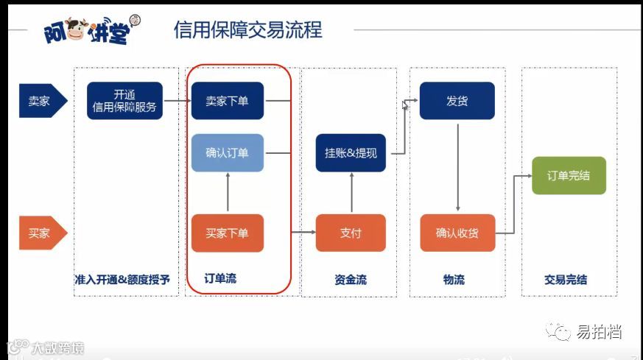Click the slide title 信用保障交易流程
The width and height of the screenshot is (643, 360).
[x=247, y=29]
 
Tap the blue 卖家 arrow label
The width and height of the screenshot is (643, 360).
[x=41, y=101]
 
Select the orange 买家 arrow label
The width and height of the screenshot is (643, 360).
[x=41, y=233]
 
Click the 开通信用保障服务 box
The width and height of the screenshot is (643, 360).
[x=124, y=101]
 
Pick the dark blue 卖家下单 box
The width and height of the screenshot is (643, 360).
[x=227, y=101]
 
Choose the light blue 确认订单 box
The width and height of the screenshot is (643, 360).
[x=227, y=153]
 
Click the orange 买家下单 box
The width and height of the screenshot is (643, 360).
[x=227, y=233]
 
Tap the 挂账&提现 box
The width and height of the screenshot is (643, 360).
[x=351, y=153]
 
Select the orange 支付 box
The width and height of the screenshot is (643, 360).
[x=351, y=233]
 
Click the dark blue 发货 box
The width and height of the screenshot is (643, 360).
[x=457, y=101]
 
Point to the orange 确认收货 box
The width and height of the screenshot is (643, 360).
[x=457, y=233]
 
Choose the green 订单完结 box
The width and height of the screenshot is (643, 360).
[x=569, y=176]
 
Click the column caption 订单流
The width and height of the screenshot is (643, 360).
[x=220, y=278]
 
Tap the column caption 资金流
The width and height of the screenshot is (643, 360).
[x=350, y=279]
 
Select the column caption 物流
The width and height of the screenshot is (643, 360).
[x=454, y=279]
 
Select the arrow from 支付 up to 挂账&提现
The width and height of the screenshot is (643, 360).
[x=351, y=193]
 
